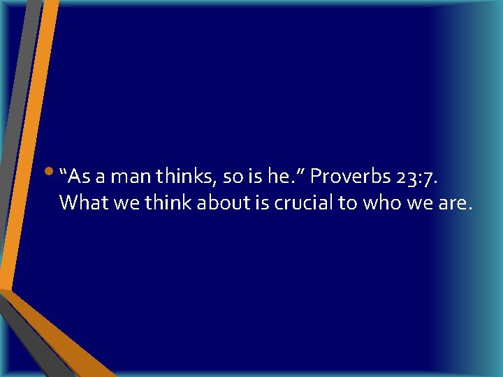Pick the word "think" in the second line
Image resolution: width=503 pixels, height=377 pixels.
tap(166, 203)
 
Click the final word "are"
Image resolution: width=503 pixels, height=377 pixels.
tap(458, 204)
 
